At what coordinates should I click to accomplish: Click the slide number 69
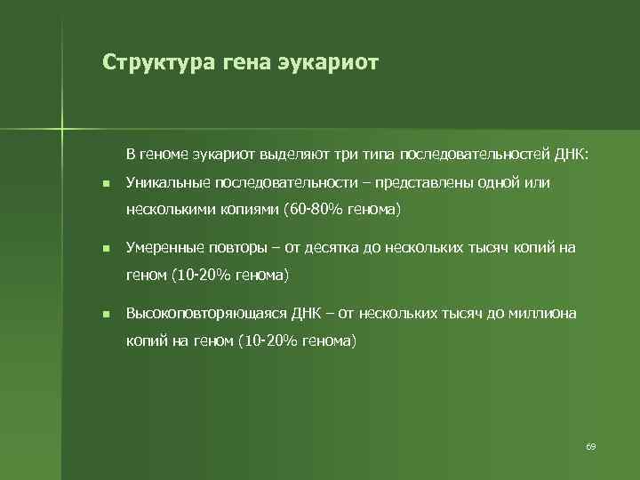point(590,445)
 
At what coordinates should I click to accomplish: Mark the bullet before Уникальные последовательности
point(105,184)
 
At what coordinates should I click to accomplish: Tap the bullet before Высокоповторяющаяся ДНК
point(105,314)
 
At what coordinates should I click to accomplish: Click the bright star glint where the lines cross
point(63,128)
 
